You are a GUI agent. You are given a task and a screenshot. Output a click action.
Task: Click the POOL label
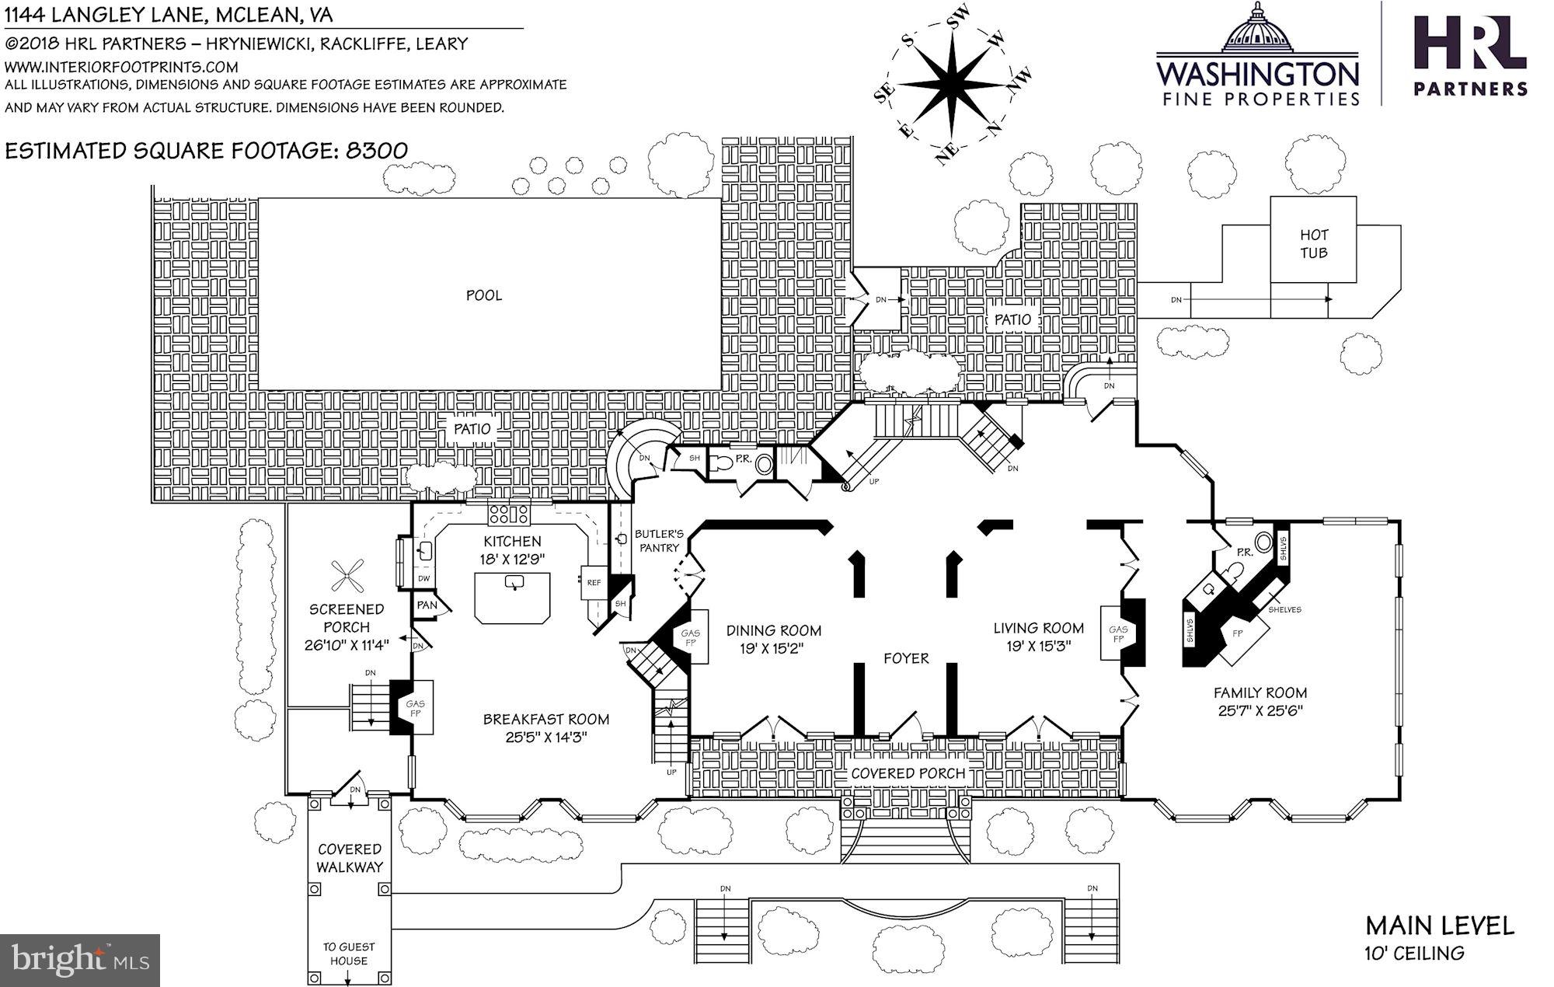[x=483, y=295]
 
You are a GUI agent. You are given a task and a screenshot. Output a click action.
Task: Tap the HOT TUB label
[x=1313, y=243]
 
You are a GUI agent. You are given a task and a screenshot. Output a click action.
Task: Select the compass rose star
[x=953, y=85]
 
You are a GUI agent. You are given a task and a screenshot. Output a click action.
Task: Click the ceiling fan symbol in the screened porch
[x=347, y=576]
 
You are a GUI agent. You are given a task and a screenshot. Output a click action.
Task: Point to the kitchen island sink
[x=514, y=583]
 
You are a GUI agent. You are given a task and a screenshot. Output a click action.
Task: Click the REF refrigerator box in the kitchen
[x=593, y=583]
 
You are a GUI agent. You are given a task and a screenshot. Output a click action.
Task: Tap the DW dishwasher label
[x=424, y=579]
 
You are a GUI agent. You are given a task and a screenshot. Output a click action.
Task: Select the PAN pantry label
[x=427, y=605]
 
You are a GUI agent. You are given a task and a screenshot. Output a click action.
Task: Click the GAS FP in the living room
[x=1118, y=635]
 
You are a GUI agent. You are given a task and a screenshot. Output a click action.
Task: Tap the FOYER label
[x=906, y=659]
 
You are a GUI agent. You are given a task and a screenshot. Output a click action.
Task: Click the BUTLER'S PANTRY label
[x=659, y=541]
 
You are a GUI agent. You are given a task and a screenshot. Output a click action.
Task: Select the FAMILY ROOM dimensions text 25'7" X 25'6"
[x=1260, y=710]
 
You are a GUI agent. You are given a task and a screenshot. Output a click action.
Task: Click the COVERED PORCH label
[x=908, y=773]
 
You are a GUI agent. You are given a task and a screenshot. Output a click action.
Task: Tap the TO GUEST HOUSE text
[x=349, y=954]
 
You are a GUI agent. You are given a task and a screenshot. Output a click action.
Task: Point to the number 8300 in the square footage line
[x=376, y=151]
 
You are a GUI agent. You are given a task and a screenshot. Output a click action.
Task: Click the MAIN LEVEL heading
[x=1440, y=926]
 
